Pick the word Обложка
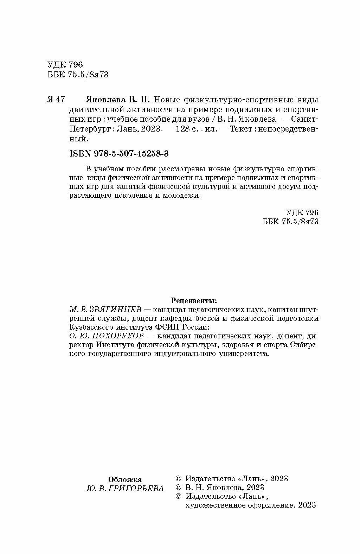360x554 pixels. [125, 479]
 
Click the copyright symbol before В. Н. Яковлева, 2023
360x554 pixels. [178, 488]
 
